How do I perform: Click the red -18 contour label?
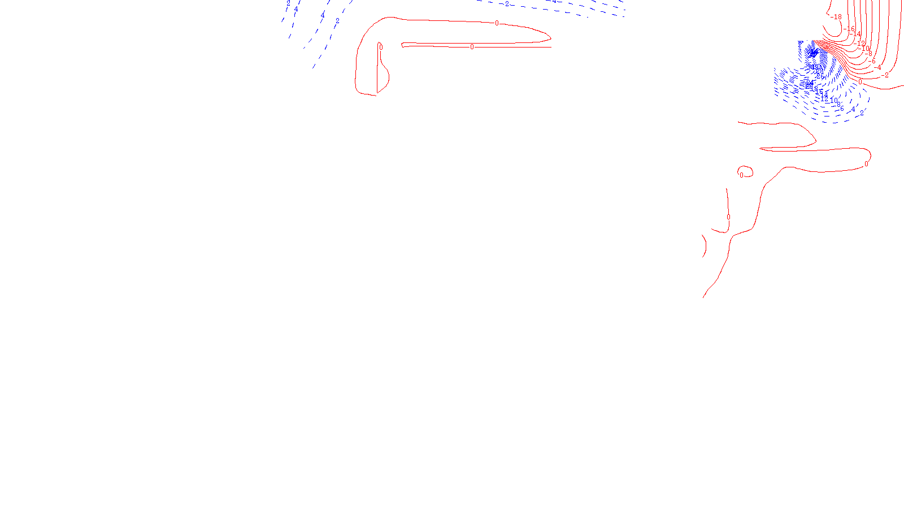pyautogui.click(x=837, y=17)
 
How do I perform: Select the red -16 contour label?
pyautogui.click(x=850, y=28)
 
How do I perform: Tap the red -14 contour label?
pyautogui.click(x=856, y=34)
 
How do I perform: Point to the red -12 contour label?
pyautogui.click(x=860, y=43)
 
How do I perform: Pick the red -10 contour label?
pyautogui.click(x=864, y=49)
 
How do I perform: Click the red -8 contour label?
pyautogui.click(x=869, y=54)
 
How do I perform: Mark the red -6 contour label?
pyautogui.click(x=872, y=61)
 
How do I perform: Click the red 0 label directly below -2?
pyautogui.click(x=860, y=82)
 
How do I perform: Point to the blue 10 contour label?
pyautogui.click(x=833, y=101)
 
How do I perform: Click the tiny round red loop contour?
pyautogui.click(x=746, y=171)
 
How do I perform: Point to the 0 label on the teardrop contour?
pyautogui.click(x=381, y=48)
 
